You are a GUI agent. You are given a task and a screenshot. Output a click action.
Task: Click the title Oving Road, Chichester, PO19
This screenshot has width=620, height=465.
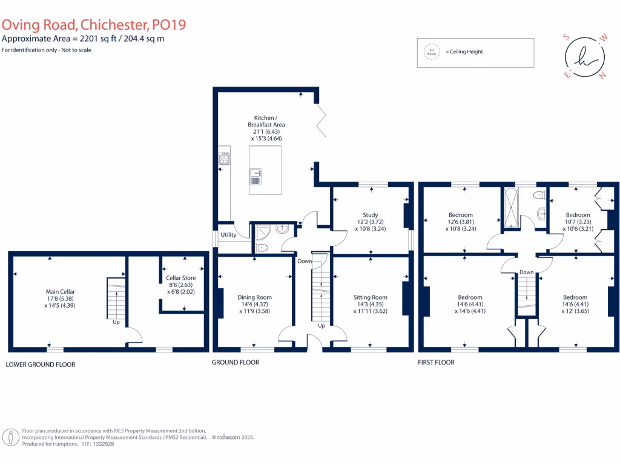pyautogui.click(x=93, y=25)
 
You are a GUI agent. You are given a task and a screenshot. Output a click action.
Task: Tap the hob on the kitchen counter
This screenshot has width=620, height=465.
pyautogui.click(x=225, y=159)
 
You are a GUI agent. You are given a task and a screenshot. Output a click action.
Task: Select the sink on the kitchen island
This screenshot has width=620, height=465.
pyautogui.click(x=256, y=176)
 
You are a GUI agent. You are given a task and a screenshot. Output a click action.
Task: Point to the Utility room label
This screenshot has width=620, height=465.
pyautogui.click(x=228, y=235)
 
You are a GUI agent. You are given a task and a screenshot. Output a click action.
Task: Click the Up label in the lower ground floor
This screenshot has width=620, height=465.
pyautogui.click(x=116, y=323)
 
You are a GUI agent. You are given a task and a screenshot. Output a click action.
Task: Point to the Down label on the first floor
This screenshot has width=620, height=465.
pyautogui.click(x=526, y=272)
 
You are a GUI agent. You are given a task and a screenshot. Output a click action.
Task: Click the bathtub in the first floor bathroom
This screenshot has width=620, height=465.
pyautogui.click(x=511, y=208)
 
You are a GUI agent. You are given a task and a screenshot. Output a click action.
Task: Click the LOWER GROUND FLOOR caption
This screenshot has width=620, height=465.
pyautogui.click(x=41, y=364)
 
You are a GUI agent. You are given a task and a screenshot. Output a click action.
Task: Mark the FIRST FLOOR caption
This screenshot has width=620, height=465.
pyautogui.click(x=436, y=363)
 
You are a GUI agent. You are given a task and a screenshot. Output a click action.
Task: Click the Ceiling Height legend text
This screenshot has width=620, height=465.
pyautogui.click(x=464, y=52)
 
